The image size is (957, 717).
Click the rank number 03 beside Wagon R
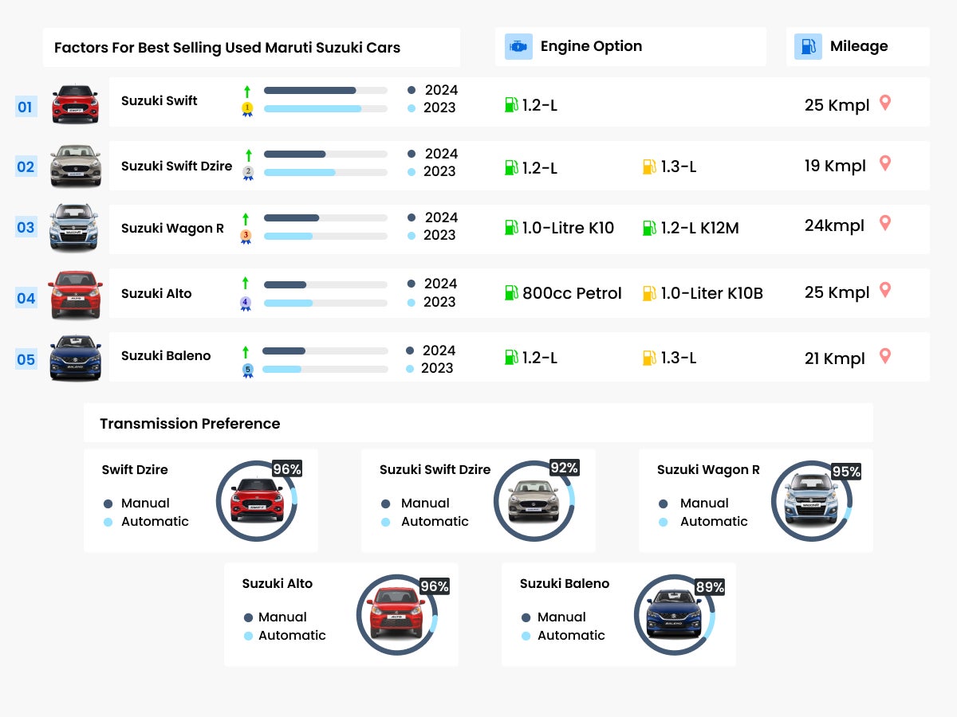point(26,227)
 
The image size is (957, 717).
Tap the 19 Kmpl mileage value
point(835,166)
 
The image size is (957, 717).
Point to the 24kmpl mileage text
point(834,225)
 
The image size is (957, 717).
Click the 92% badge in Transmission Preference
point(564,468)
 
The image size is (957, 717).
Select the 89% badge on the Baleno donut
point(709,587)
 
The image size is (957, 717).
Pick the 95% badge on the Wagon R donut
point(846,472)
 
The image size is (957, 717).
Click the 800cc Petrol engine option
point(571,293)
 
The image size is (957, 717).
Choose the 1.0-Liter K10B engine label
point(711,293)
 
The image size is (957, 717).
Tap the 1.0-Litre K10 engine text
point(568,228)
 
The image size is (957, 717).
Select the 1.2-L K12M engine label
point(699,228)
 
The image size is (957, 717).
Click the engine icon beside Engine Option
point(518,47)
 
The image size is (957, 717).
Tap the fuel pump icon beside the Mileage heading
point(808,47)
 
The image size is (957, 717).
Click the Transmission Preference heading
point(190,424)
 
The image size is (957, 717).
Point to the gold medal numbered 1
point(247,108)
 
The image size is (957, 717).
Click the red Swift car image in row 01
point(75,104)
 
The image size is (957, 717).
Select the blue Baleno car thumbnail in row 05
point(75,358)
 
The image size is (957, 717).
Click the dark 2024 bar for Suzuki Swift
point(309,91)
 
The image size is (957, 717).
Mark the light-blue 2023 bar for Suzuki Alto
point(288,303)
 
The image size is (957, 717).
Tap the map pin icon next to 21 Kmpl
point(884,356)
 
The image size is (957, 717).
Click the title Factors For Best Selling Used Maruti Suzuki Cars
point(227,48)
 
